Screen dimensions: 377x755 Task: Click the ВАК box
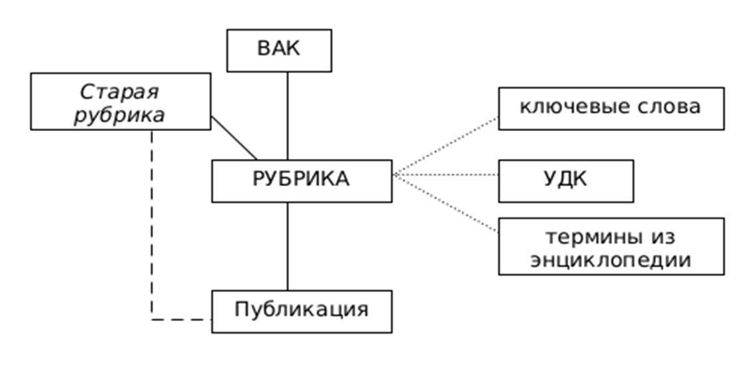tap(279, 50)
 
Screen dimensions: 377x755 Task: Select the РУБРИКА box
tap(302, 180)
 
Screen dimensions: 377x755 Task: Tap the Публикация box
tap(302, 311)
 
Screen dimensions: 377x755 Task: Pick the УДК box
tap(566, 180)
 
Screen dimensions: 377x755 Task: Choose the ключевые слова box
tap(611, 108)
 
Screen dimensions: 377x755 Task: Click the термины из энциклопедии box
tap(611, 246)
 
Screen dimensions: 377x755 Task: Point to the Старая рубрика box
tap(121, 101)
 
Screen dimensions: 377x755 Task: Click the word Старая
tap(120, 91)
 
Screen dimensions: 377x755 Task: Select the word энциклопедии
tap(611, 259)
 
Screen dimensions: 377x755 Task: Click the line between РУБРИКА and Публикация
tap(288, 246)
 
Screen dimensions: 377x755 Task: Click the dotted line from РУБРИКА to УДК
tap(446, 175)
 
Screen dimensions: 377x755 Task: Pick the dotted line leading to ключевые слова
tap(446, 146)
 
